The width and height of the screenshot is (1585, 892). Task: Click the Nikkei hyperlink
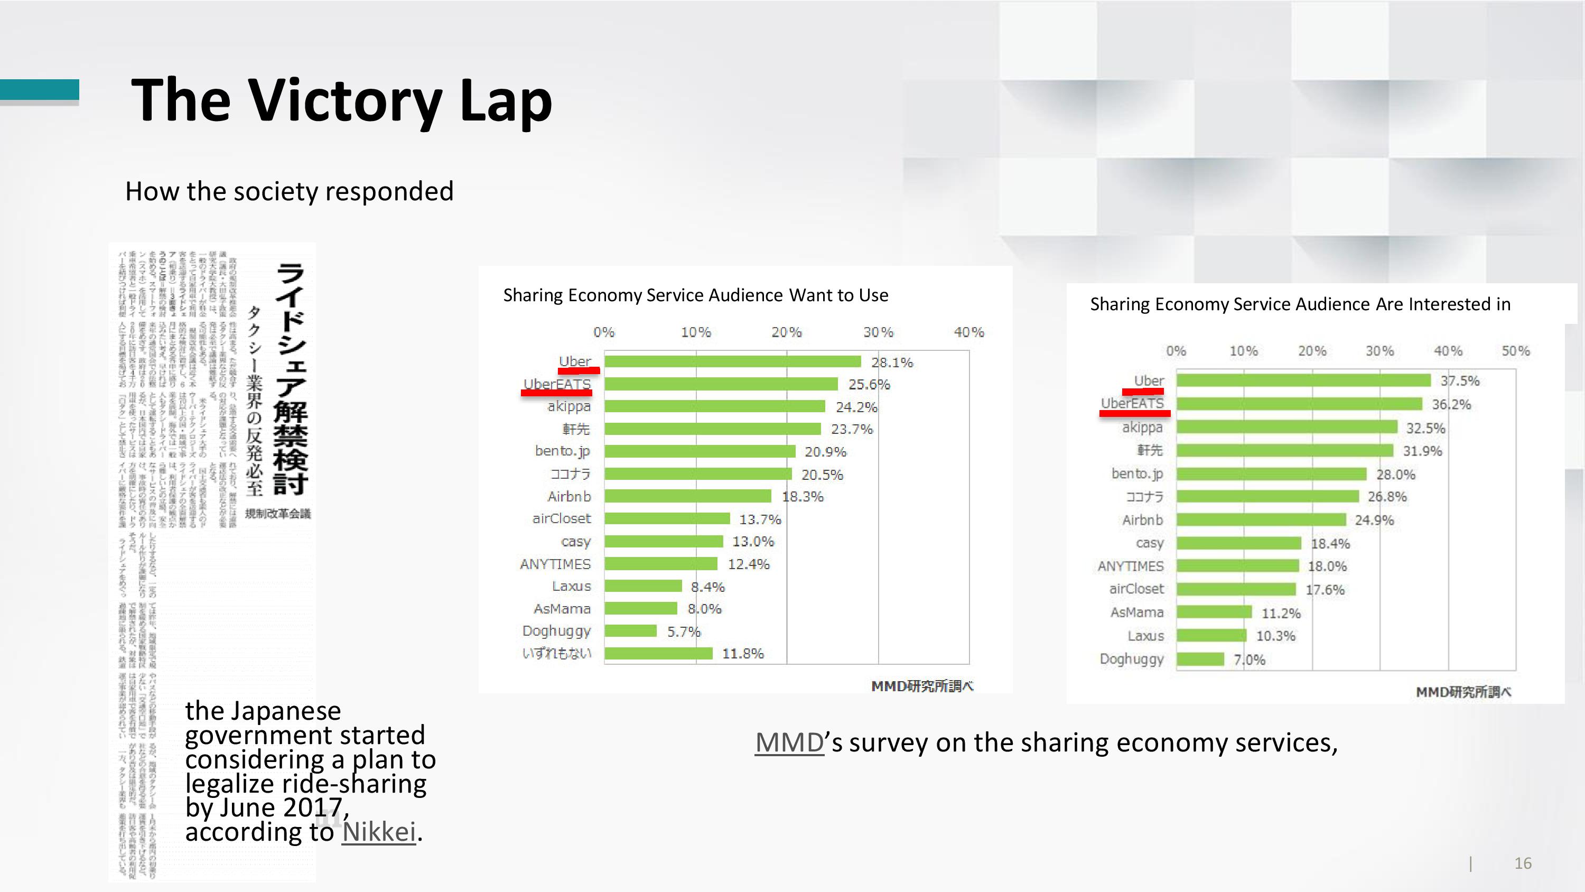(x=378, y=832)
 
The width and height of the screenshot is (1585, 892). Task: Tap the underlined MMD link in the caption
(x=789, y=742)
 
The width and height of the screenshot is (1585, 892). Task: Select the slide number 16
(x=1522, y=863)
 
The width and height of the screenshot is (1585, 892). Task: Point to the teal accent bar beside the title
(x=40, y=89)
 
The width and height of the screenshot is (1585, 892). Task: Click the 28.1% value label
(x=892, y=362)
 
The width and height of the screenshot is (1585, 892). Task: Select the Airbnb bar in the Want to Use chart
(x=687, y=496)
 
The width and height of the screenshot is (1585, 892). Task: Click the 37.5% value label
(x=1459, y=380)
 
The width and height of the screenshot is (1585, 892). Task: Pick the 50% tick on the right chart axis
(x=1515, y=351)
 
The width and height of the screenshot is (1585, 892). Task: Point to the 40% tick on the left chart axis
(x=968, y=332)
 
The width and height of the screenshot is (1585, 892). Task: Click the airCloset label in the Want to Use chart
(x=561, y=519)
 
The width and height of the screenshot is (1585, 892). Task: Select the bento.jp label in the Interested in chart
(x=1137, y=473)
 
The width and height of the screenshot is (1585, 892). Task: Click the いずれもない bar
(x=658, y=653)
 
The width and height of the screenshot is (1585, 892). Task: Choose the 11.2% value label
(x=1281, y=613)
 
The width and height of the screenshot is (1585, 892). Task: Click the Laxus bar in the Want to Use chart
(x=643, y=586)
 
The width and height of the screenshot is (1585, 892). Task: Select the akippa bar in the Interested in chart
(x=1286, y=427)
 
